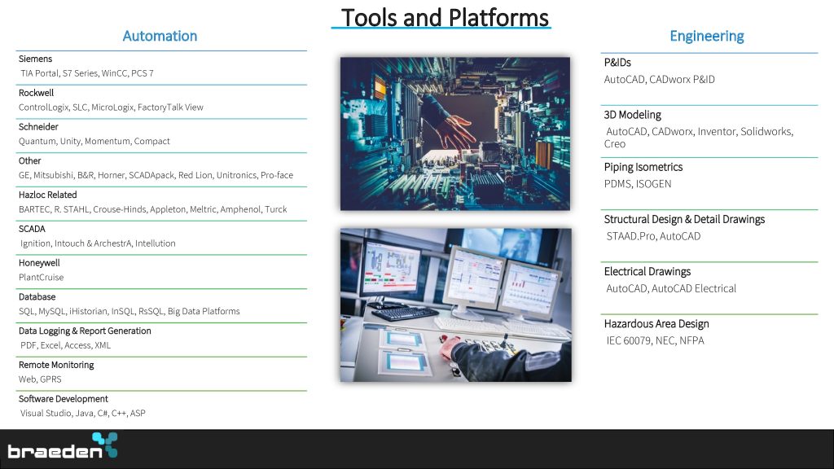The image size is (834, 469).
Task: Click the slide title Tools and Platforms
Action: [x=445, y=18]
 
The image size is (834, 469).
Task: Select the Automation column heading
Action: [x=160, y=36]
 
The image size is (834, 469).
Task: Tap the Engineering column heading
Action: [x=706, y=36]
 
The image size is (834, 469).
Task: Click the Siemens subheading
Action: [x=35, y=59]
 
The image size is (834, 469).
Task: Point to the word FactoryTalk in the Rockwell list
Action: [x=160, y=107]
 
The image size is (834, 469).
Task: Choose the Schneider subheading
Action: [x=38, y=126]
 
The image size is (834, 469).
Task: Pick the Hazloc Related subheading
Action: [x=48, y=195]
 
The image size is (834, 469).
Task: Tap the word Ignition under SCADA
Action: [x=35, y=243]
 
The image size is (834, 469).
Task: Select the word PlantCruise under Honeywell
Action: [x=41, y=277]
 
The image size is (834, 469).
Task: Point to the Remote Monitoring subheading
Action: [x=56, y=365]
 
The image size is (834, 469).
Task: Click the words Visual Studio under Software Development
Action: [x=46, y=413]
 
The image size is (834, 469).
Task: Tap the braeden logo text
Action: [x=55, y=451]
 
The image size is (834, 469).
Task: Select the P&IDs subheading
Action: [x=617, y=62]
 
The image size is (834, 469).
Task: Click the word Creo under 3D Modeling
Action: [x=614, y=143]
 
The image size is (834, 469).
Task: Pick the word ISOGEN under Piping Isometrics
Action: [x=654, y=184]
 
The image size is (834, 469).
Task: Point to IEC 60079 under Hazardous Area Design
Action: [x=628, y=340]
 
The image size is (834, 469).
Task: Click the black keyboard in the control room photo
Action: [x=399, y=313]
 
